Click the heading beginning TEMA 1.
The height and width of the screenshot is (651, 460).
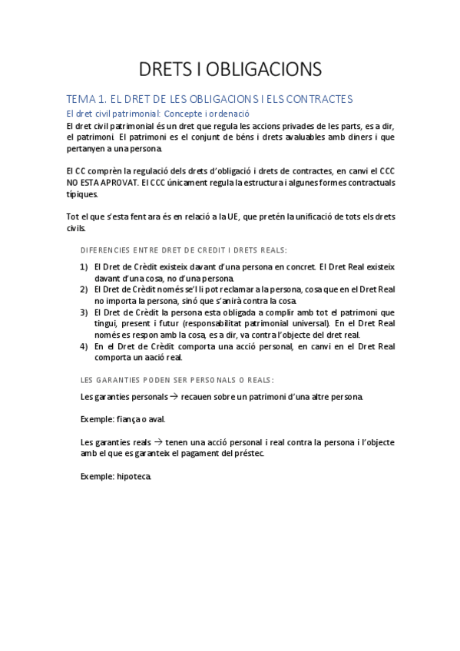click(x=209, y=99)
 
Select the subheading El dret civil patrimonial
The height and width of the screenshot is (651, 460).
click(x=158, y=113)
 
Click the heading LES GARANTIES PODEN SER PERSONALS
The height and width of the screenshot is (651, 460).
click(x=177, y=380)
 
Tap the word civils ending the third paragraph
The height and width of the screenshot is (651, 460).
click(x=76, y=229)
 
